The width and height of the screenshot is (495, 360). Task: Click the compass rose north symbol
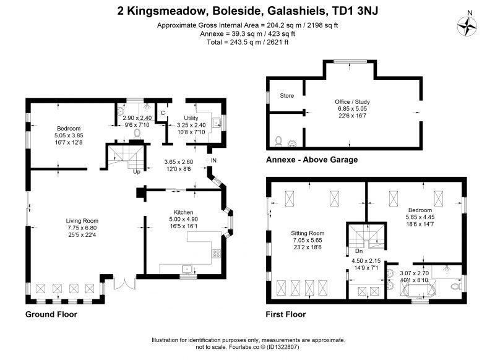467,26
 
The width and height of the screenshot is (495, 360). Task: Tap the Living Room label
82,221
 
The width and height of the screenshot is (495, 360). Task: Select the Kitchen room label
183,212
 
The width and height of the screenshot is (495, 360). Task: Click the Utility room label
191,118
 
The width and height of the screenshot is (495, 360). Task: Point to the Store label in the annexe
286,96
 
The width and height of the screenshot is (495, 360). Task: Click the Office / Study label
352,101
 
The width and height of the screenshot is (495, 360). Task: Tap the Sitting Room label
308,233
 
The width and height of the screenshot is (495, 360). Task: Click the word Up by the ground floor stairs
136,171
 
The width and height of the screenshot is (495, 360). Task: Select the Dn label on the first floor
359,251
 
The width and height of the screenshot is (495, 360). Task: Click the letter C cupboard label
163,113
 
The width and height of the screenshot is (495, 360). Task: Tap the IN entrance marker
213,161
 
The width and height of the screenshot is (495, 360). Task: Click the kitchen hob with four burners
216,254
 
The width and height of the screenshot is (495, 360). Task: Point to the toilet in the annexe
278,141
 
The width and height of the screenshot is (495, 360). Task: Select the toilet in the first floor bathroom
455,287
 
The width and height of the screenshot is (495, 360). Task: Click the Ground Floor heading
51,314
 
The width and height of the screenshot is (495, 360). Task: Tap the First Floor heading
286,314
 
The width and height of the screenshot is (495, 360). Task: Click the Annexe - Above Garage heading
312,160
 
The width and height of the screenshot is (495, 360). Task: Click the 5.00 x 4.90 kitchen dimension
183,220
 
